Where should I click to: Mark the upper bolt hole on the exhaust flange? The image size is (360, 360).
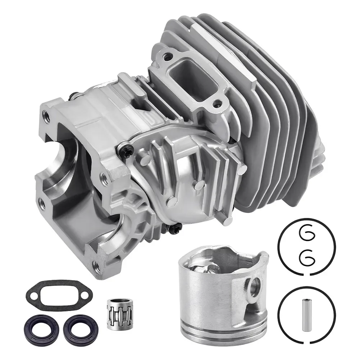(x=167, y=56)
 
